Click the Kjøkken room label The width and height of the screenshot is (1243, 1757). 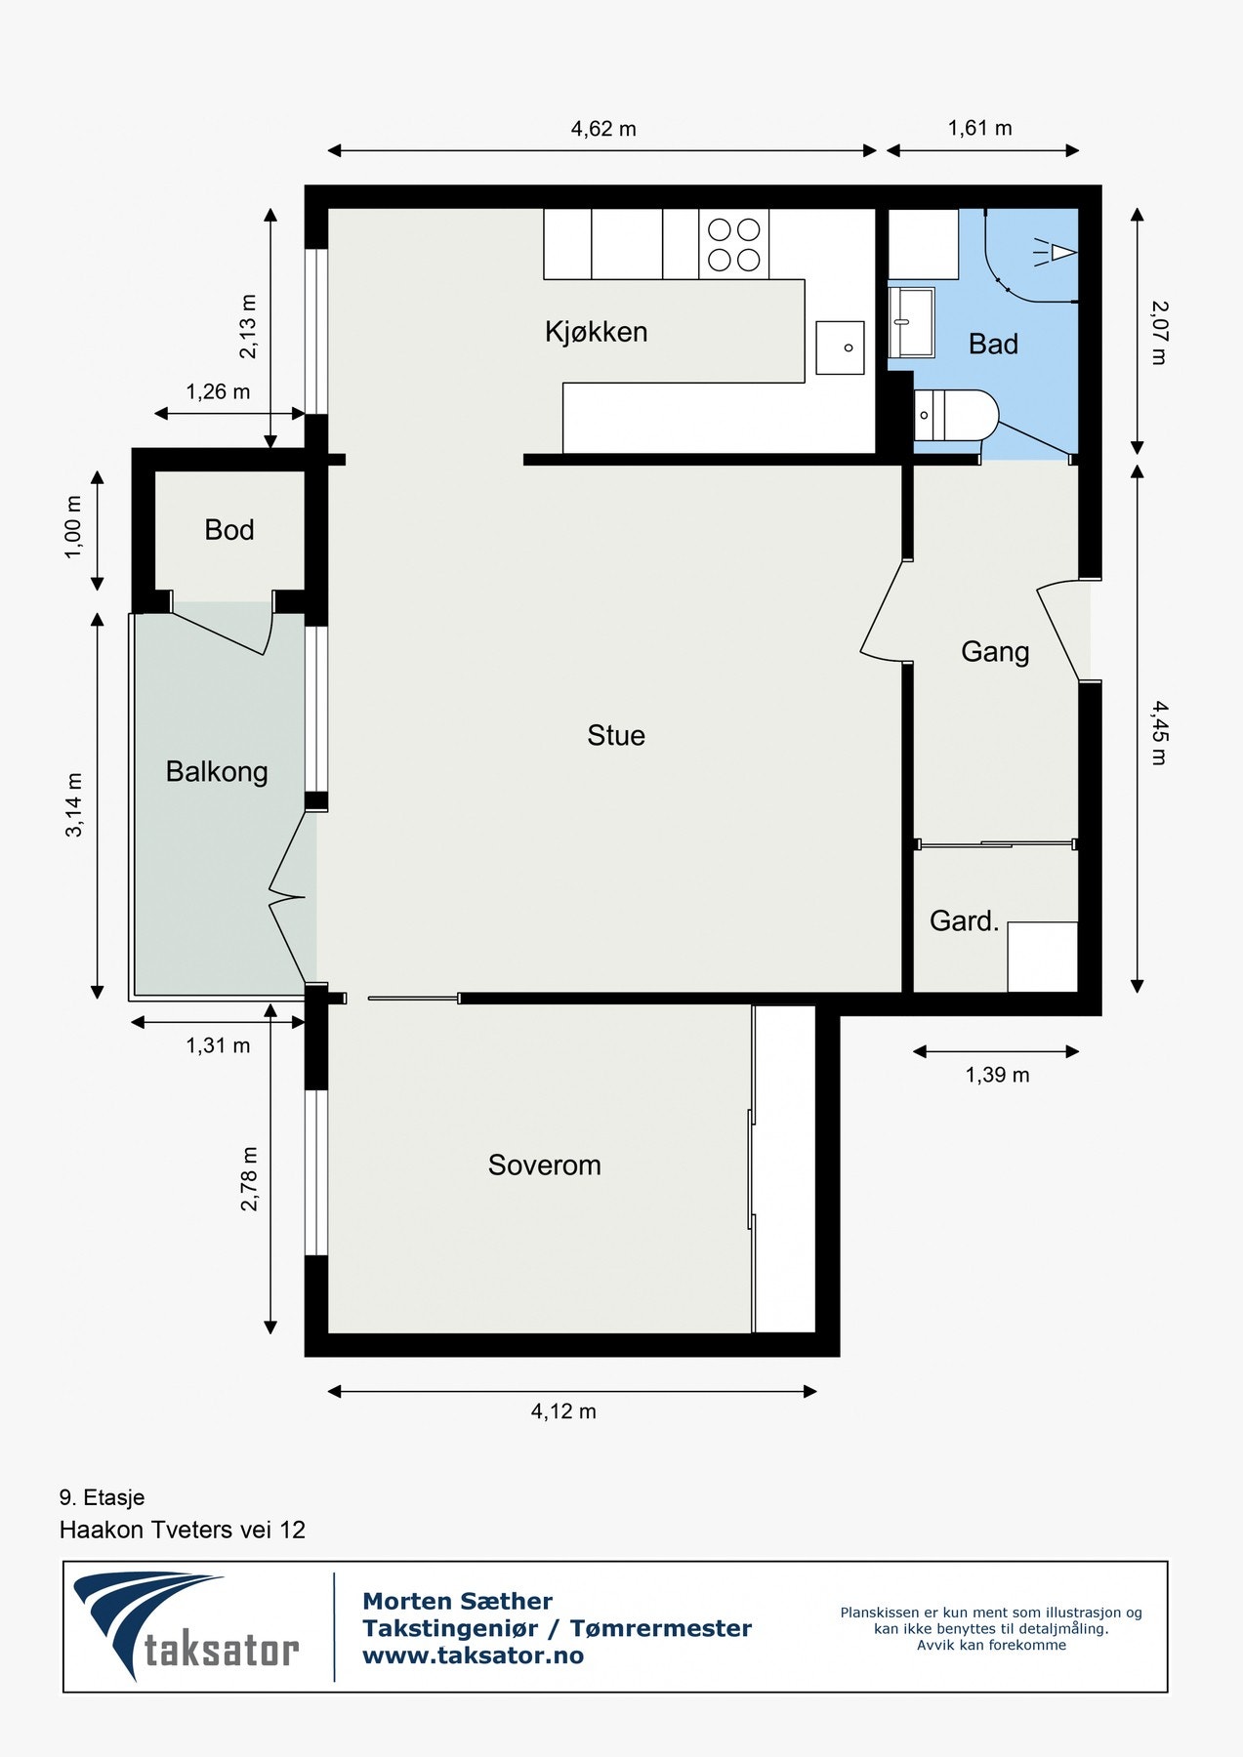596,332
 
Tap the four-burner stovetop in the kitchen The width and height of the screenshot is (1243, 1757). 734,244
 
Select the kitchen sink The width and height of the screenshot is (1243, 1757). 840,347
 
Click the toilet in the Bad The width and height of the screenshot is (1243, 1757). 956,415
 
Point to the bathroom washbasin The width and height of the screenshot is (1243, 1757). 911,322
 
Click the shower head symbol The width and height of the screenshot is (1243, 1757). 1055,254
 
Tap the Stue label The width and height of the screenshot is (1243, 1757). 616,735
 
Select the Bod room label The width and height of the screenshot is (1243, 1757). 229,530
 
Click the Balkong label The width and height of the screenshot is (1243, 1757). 217,772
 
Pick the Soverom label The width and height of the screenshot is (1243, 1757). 544,1165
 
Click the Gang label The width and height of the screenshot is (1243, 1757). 995,652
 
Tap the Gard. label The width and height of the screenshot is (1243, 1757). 964,920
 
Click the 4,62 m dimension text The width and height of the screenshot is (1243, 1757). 603,129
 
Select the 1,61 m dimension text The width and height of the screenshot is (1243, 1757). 979,128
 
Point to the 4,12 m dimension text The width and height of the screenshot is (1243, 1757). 563,1411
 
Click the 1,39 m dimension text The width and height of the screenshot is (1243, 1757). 997,1075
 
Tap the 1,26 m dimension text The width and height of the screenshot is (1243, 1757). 218,391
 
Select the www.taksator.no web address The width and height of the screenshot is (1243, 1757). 473,1655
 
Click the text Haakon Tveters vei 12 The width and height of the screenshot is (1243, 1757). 183,1530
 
